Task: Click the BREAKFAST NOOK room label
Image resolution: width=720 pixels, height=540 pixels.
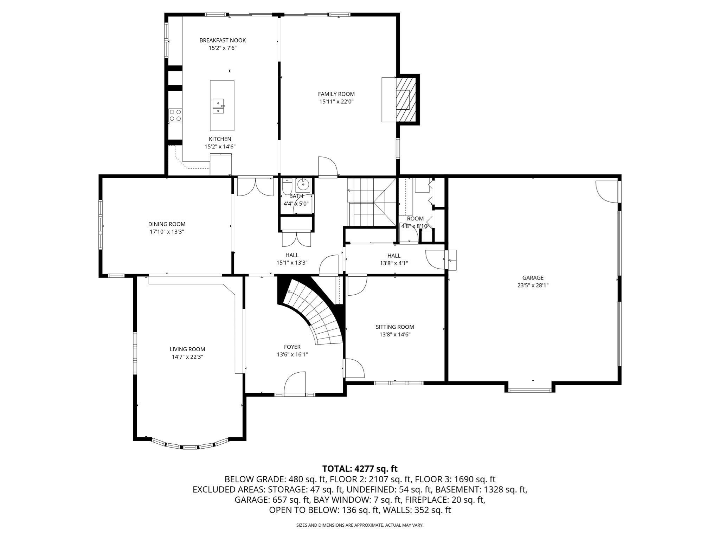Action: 223,40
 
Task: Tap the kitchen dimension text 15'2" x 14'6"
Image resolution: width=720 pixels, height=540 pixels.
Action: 220,147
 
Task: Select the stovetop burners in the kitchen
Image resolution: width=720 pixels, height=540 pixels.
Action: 175,115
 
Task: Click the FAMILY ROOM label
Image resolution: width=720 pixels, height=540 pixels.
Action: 336,94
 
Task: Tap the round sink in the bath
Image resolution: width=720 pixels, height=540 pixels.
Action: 303,184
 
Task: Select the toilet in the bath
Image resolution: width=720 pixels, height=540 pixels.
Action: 287,185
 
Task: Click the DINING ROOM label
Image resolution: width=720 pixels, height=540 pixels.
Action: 167,224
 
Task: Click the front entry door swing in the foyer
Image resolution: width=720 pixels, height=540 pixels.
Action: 295,384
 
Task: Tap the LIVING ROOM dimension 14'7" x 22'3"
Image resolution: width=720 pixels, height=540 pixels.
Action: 187,357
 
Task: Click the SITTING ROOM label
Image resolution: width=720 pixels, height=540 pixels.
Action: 394,327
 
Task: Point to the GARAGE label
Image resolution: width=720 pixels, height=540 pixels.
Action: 533,278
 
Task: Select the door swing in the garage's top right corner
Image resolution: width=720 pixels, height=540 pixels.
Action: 606,191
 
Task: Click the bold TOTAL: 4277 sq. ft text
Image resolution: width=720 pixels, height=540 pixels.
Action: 360,469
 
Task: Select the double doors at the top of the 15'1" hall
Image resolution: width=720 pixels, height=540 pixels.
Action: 255,187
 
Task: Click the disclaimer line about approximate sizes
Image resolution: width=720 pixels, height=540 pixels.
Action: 360,525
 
